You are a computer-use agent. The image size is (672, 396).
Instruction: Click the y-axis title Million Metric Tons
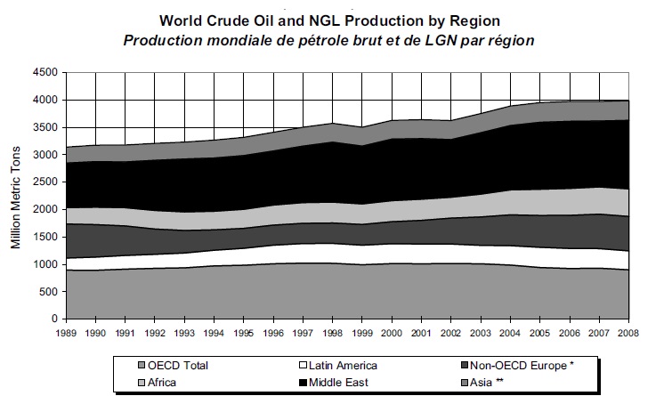coord(15,195)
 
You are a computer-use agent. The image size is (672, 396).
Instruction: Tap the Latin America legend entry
coord(336,365)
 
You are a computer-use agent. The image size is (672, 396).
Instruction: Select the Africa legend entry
coord(166,382)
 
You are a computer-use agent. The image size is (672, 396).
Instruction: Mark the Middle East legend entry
coord(331,382)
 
